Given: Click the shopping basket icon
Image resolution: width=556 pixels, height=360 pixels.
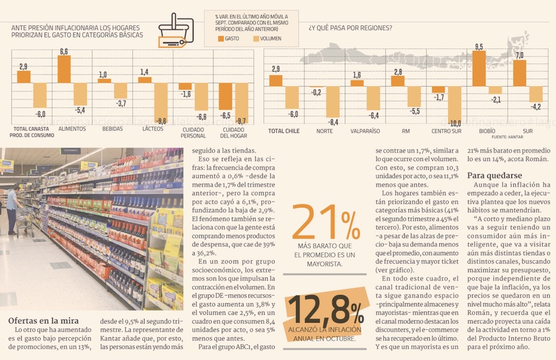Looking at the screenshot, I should click(x=176, y=30).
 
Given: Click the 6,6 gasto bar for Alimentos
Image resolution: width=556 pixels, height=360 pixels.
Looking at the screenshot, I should click(x=64, y=69).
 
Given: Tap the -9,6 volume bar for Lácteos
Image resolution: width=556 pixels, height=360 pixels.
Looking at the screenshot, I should click(x=161, y=103).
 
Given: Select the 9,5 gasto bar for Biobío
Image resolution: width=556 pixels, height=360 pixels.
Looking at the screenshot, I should click(x=479, y=68).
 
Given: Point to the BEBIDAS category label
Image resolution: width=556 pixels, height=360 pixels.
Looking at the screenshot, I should click(x=113, y=129).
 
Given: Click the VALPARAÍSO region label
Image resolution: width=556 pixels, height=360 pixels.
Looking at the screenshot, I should click(x=365, y=131).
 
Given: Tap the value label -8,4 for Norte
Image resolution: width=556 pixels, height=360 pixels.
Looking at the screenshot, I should click(x=332, y=122).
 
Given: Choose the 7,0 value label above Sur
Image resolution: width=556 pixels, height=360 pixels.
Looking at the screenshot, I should click(x=519, y=55).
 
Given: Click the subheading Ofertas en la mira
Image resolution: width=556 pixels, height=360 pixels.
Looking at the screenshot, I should click(x=43, y=320).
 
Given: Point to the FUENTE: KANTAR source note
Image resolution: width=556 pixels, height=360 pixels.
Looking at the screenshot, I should click(x=509, y=136).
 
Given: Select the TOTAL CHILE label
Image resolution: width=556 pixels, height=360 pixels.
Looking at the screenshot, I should click(x=284, y=131).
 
